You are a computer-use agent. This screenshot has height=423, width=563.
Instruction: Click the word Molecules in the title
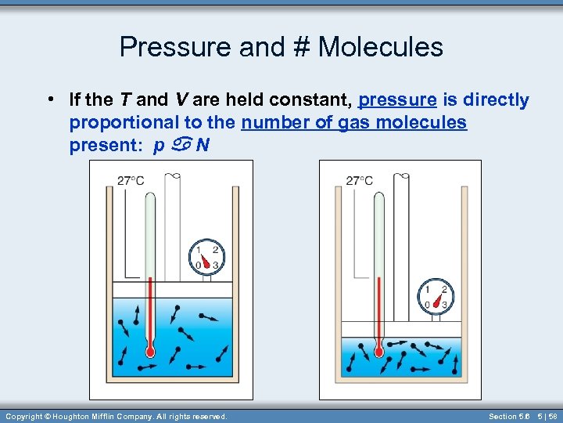[x=380, y=48]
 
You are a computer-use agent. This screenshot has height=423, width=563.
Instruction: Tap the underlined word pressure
[x=396, y=100]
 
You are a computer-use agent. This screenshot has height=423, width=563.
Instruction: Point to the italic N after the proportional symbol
[x=203, y=146]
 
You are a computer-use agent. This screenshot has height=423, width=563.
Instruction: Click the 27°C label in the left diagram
[x=130, y=180]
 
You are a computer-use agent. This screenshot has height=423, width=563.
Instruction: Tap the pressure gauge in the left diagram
[x=206, y=257]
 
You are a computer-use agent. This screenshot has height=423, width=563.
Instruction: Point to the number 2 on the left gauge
[x=215, y=251]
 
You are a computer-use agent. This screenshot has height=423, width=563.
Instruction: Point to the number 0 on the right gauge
[x=427, y=304]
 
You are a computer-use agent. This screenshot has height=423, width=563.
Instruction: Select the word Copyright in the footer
[x=24, y=416]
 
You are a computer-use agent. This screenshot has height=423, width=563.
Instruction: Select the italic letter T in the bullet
[x=125, y=100]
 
